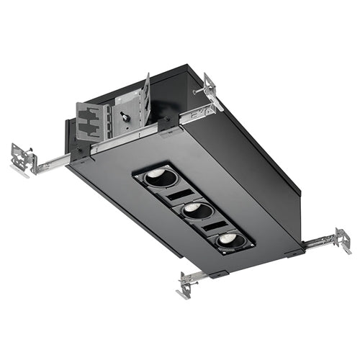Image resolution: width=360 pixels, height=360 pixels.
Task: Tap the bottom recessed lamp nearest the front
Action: tap(228, 241)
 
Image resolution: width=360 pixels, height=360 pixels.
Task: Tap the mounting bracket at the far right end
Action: tap(340, 240)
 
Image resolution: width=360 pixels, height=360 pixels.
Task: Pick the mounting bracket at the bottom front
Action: tap(189, 284)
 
